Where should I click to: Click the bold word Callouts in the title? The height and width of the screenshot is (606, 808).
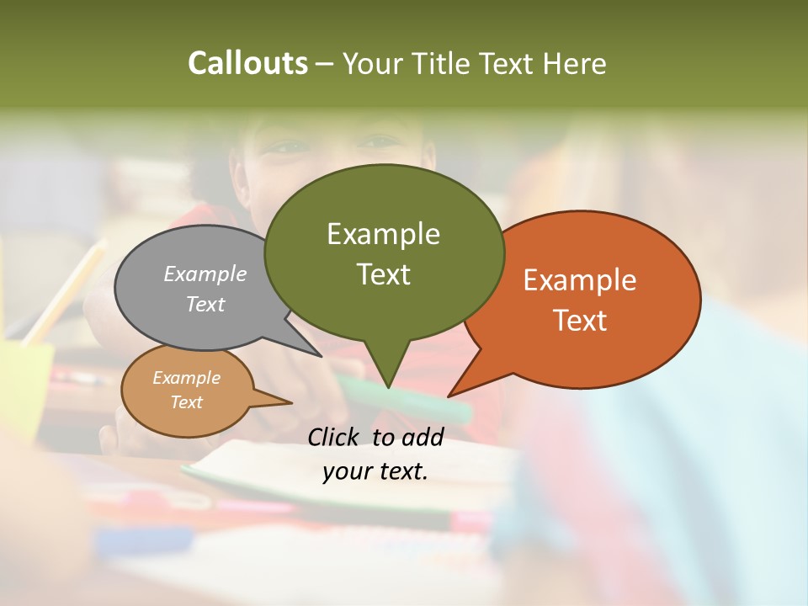click(247, 63)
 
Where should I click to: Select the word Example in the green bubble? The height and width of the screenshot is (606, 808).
click(383, 234)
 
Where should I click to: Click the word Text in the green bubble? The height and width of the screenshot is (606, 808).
click(383, 274)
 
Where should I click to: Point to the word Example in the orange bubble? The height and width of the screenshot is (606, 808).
click(580, 280)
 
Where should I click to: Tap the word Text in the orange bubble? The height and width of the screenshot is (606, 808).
click(580, 321)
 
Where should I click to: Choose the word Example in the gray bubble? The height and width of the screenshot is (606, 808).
click(205, 274)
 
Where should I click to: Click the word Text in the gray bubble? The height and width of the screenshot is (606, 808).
click(205, 304)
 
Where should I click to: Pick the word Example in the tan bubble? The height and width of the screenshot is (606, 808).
click(186, 378)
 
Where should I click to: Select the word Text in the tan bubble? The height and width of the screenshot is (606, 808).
click(186, 402)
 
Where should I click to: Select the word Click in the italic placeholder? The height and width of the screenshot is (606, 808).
click(336, 437)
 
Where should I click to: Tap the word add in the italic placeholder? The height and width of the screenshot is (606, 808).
click(422, 437)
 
